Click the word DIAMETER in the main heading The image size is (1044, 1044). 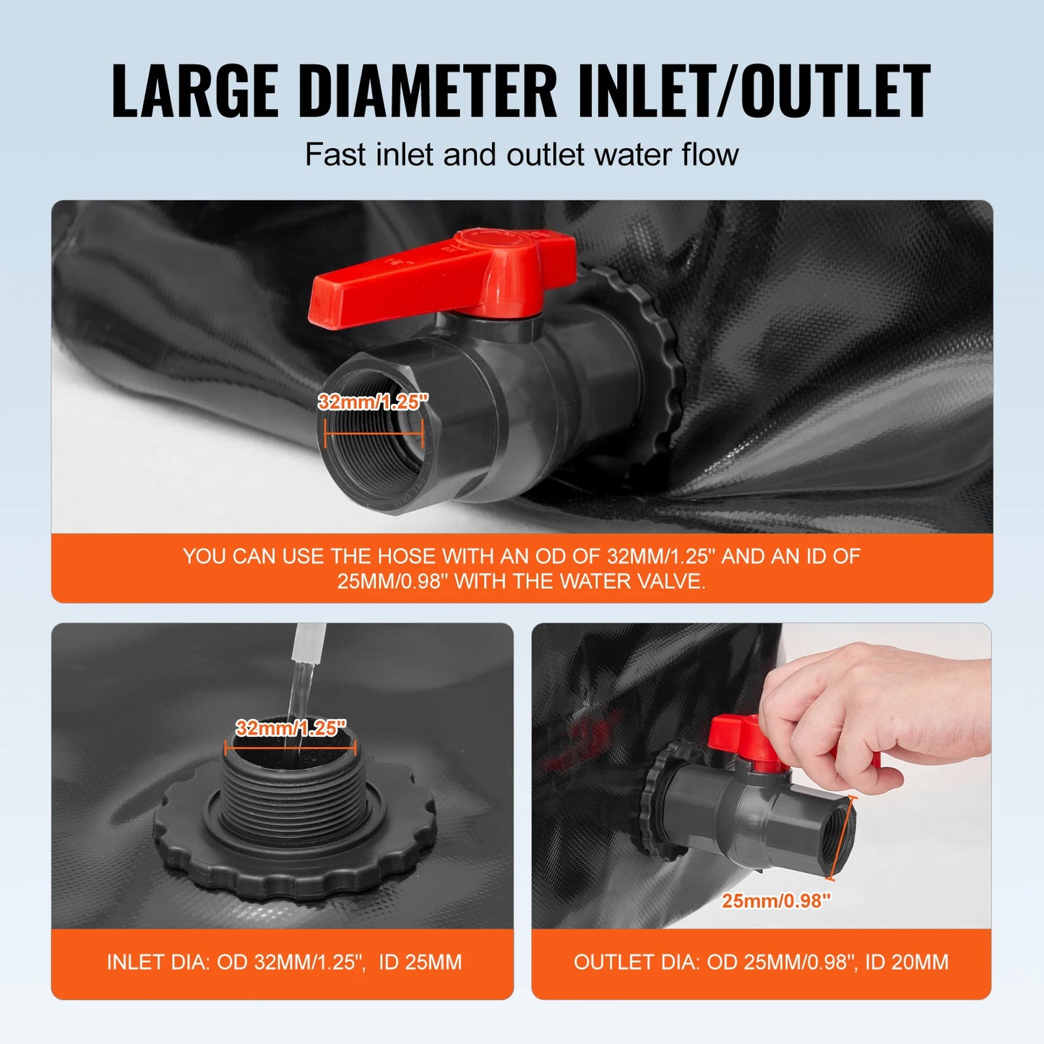click(426, 91)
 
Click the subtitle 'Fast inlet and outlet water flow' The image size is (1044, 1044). click(522, 155)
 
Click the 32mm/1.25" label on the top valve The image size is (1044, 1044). click(373, 402)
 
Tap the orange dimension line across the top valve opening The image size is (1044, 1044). click(374, 434)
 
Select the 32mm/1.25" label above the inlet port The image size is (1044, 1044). click(290, 728)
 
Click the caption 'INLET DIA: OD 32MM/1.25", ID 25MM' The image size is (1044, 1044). click(284, 962)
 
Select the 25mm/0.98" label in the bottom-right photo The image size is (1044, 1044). click(776, 900)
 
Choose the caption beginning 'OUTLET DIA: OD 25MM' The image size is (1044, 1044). click(761, 962)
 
